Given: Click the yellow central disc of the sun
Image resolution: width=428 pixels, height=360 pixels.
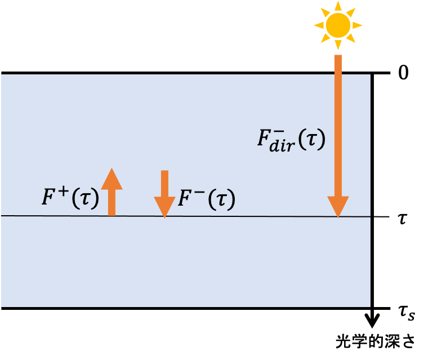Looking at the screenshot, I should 338,25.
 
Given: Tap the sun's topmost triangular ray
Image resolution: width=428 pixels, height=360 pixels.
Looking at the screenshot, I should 338,6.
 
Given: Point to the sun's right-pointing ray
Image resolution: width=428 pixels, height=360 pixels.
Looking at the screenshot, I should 358,25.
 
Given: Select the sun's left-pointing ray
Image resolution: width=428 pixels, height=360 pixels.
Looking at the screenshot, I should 318,25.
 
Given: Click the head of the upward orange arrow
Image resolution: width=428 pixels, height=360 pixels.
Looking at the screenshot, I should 112,179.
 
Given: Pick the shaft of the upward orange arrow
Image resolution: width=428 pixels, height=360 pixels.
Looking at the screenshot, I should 112,202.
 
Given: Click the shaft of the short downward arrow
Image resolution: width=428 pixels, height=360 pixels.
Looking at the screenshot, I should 164,183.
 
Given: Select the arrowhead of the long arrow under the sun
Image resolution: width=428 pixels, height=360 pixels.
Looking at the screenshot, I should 338,207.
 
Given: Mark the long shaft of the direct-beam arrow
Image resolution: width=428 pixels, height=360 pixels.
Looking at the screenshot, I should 338,124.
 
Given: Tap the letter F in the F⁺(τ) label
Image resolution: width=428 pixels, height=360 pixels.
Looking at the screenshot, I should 49,198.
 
